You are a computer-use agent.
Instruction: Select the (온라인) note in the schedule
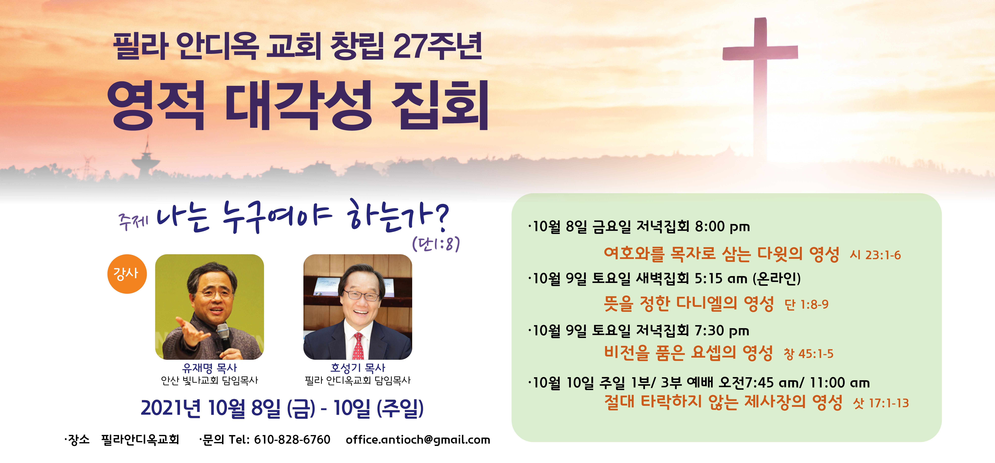click(x=777, y=278)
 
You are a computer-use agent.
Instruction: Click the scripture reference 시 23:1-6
click(x=875, y=255)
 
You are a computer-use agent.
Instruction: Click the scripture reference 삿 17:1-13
click(x=881, y=403)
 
